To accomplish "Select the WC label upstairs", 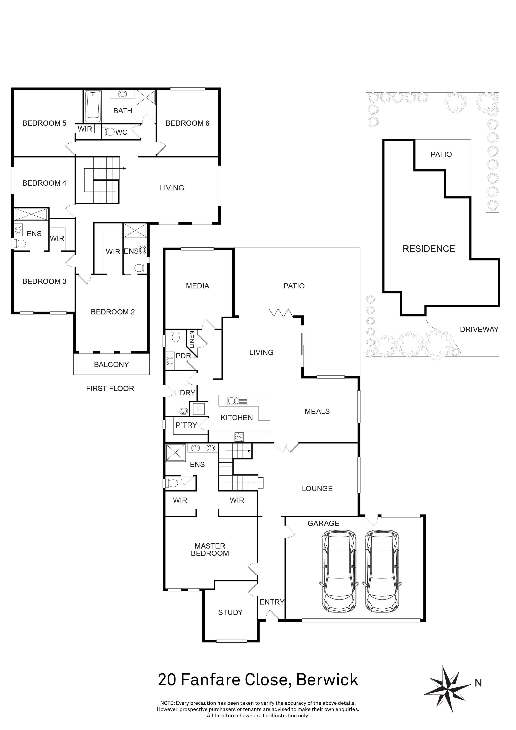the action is (121, 132).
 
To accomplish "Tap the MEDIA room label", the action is (198, 286).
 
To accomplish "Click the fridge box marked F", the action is (199, 409).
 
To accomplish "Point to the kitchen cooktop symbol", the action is (239, 437).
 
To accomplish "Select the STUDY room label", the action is (230, 612).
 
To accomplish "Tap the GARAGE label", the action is (323, 523).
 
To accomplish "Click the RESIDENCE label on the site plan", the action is (429, 249).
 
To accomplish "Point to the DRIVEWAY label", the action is (479, 329).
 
